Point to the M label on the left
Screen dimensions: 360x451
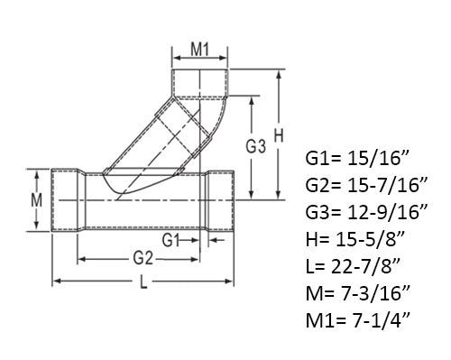click(37, 200)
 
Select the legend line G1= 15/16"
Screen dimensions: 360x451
click(354, 160)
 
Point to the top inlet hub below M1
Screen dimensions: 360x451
click(200, 82)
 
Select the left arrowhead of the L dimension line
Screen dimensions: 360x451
click(57, 283)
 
